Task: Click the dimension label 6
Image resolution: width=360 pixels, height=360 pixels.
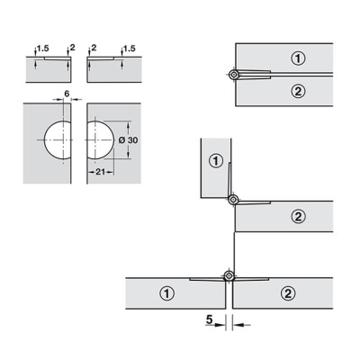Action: coord(67,94)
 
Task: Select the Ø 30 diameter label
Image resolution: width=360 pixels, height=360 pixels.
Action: coord(128,140)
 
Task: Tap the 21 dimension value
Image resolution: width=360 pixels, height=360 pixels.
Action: coord(100,172)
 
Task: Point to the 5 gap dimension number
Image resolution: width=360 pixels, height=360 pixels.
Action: coord(209,319)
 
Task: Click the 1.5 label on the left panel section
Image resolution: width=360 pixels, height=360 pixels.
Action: coord(43,48)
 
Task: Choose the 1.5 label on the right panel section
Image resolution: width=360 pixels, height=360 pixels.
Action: coord(130,49)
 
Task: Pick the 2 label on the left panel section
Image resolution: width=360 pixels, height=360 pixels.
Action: coord(72,48)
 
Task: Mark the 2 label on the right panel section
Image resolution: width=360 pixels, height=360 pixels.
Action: coord(94,48)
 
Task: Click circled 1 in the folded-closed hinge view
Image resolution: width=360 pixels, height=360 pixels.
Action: coord(298,58)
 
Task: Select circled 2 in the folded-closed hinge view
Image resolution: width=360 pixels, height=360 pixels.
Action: coord(298,91)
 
